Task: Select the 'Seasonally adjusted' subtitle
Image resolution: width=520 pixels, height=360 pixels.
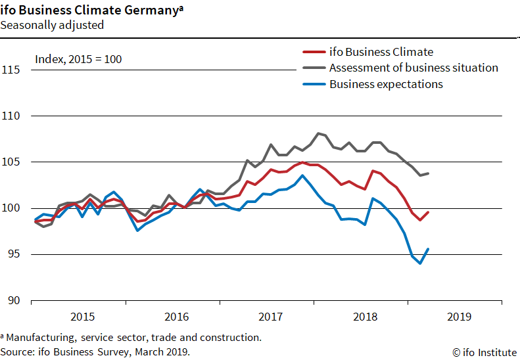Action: click(x=52, y=25)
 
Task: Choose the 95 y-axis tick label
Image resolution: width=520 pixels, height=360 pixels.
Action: click(x=14, y=254)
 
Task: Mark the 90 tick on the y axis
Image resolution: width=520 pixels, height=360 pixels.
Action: click(x=14, y=301)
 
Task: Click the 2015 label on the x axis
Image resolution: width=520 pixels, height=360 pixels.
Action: click(x=82, y=317)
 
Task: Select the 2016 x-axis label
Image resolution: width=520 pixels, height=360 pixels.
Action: click(x=176, y=317)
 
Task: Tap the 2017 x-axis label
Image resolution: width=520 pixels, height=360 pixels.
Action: click(x=270, y=317)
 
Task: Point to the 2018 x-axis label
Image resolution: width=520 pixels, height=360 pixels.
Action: click(x=364, y=317)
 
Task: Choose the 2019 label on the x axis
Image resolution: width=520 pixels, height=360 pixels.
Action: click(x=458, y=317)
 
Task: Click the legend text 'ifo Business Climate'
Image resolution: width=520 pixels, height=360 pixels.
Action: click(x=381, y=52)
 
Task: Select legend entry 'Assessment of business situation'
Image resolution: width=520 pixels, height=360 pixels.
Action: click(x=414, y=68)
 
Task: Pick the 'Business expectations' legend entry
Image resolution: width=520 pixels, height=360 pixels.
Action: click(x=386, y=84)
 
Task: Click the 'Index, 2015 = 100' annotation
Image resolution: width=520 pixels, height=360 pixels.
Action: click(x=78, y=60)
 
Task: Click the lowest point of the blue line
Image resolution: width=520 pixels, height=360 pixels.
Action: click(x=419, y=263)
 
